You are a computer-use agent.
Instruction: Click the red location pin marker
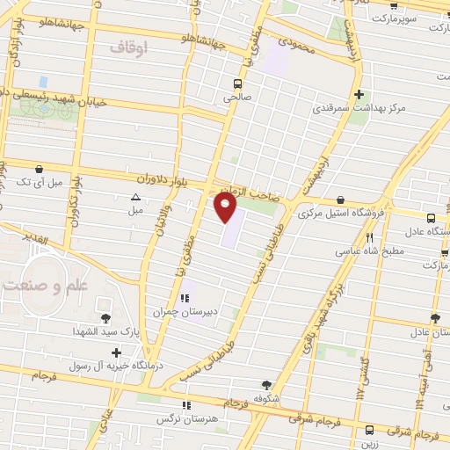click(226, 207)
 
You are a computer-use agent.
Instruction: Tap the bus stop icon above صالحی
click(236, 84)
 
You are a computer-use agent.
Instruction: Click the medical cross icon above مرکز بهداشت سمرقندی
click(359, 95)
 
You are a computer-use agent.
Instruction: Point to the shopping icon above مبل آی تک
click(38, 169)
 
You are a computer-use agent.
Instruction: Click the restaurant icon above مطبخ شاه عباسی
click(370, 237)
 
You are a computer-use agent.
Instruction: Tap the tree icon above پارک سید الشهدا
click(106, 318)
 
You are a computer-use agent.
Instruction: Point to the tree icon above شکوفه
click(266, 384)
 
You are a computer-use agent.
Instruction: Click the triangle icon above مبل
click(135, 197)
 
